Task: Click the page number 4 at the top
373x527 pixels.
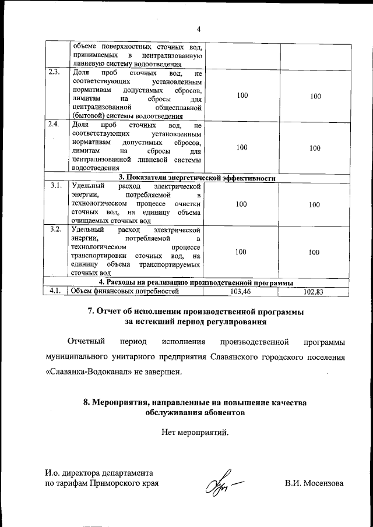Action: [198, 30]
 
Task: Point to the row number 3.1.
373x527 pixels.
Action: [55, 186]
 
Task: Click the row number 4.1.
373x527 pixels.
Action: [55, 291]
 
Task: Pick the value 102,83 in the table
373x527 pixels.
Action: [314, 291]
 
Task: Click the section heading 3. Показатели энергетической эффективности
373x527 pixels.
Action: [197, 178]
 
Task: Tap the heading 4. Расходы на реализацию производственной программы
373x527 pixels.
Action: [197, 283]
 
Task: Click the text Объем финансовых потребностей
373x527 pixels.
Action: [124, 291]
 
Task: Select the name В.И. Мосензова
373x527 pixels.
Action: [314, 483]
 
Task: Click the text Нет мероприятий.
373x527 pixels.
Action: [195, 432]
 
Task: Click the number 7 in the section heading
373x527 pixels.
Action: [91, 312]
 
